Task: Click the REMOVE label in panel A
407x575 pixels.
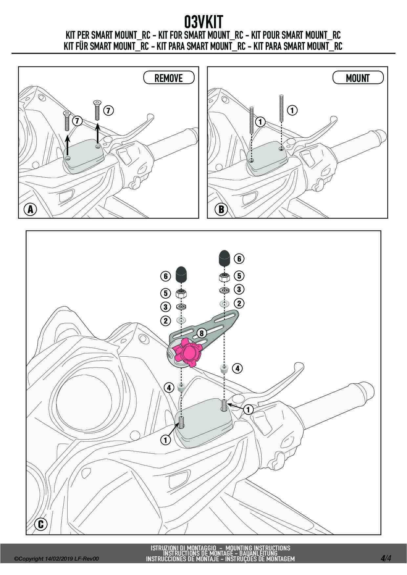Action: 169,78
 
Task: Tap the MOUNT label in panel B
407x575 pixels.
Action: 358,78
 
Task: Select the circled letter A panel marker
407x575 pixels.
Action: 31,209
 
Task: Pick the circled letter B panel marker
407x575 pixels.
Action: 221,209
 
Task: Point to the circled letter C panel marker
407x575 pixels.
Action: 41,524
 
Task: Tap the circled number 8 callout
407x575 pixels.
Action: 201,333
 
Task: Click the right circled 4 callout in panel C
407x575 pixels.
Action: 238,368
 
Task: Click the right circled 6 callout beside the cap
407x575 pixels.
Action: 239,259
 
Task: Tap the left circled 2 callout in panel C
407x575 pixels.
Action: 166,320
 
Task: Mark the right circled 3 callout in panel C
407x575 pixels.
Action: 239,289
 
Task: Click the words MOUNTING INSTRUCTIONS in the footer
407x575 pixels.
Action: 258,548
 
